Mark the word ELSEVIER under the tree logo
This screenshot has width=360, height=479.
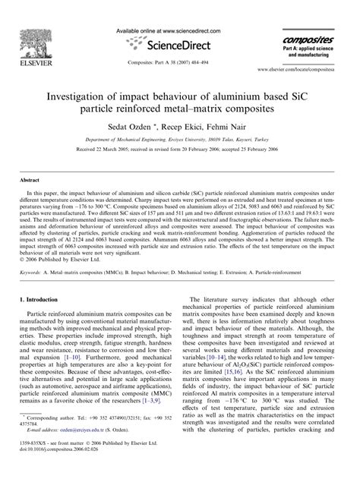click(35, 56)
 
